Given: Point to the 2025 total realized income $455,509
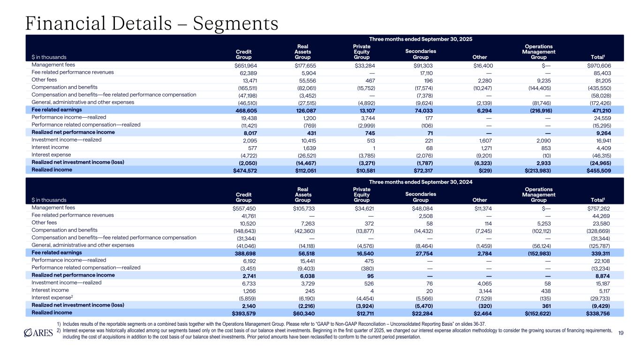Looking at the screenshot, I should pyautogui.click(x=595, y=171).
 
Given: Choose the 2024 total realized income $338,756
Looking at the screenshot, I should pyautogui.click(x=595, y=313).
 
